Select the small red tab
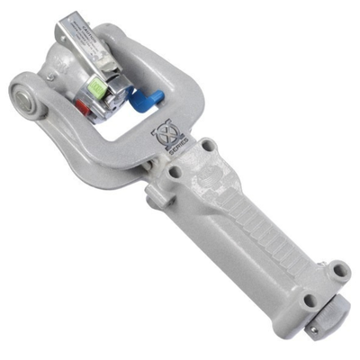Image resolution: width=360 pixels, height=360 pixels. click(81, 108)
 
